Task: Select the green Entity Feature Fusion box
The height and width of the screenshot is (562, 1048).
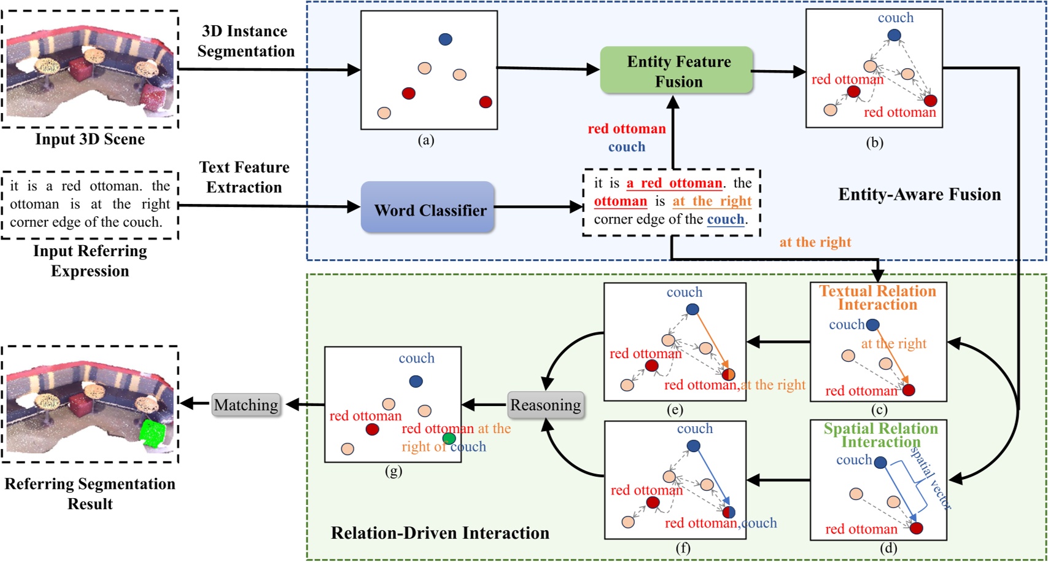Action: tap(677, 71)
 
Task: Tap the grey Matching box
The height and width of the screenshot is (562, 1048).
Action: tap(246, 405)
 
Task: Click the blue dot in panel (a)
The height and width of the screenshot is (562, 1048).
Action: tap(445, 39)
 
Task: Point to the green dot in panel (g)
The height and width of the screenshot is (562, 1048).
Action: tap(449, 438)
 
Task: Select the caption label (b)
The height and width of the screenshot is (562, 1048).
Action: tap(874, 143)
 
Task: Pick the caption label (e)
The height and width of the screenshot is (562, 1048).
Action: tap(674, 410)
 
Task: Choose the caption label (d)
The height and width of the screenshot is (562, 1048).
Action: tap(888, 548)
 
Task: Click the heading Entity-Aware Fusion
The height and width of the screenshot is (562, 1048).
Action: tap(919, 195)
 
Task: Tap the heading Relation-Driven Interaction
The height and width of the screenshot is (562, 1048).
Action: tap(440, 533)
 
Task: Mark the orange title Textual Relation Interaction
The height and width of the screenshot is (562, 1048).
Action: tap(877, 298)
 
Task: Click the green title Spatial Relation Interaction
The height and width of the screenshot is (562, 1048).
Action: tap(880, 435)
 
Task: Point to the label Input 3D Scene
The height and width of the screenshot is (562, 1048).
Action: tap(90, 139)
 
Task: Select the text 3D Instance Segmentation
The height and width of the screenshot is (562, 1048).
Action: tap(246, 41)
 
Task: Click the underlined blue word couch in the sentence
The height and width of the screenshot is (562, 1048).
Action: tap(726, 219)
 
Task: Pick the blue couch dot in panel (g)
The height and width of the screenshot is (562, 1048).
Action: tap(416, 381)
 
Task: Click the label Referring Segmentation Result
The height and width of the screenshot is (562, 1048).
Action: tap(90, 494)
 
